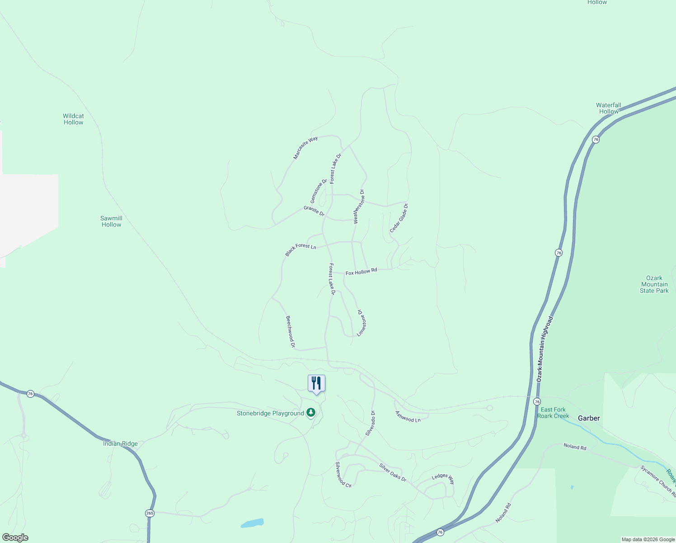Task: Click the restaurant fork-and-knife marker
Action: pos(316,383)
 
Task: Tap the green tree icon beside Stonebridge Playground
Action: pos(310,412)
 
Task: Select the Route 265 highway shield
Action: pos(150,513)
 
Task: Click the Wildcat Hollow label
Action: pos(73,119)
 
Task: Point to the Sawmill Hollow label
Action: pos(111,221)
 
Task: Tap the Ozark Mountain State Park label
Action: pos(654,284)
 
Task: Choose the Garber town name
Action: pos(589,418)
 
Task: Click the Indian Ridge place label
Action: pos(120,443)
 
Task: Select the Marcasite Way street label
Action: pos(305,148)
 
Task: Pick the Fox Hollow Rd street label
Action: pos(361,272)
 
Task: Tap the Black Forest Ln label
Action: pos(300,249)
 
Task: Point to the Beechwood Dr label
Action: pos(290,332)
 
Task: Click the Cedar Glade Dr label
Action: pos(399,218)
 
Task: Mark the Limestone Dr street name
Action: pos(361,323)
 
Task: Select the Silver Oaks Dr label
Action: pos(393,472)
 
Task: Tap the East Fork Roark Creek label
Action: pos(553,413)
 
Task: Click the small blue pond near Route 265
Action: pos(252,523)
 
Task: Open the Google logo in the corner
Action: pos(14,538)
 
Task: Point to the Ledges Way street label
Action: pos(443,478)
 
